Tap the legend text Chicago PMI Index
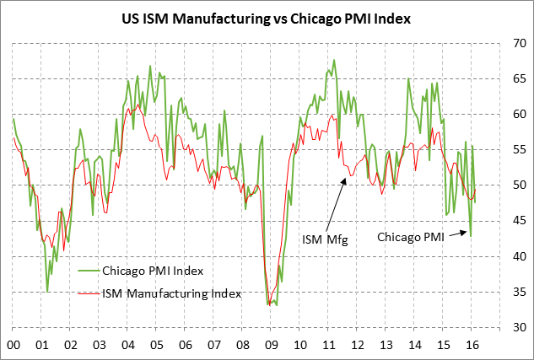pyautogui.click(x=153, y=271)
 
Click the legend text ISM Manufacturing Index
pyautogui.click(x=171, y=293)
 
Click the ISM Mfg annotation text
pyautogui.click(x=324, y=239)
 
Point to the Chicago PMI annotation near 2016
pyautogui.click(x=410, y=237)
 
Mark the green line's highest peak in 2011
pyautogui.click(x=335, y=60)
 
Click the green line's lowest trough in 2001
pyautogui.click(x=47, y=292)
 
